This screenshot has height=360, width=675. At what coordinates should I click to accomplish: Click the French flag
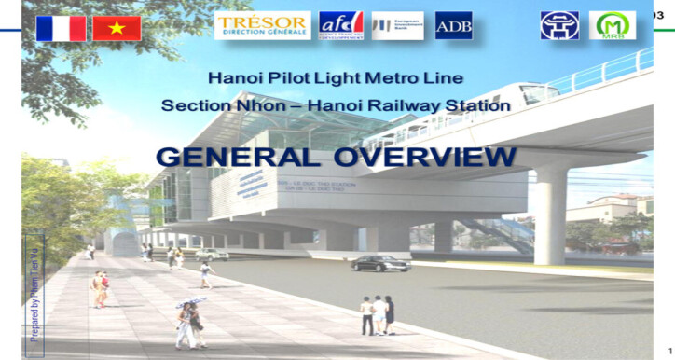[x=61, y=28]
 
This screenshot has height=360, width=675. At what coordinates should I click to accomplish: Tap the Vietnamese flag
[x=117, y=28]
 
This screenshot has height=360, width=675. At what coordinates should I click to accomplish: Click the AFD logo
[x=340, y=24]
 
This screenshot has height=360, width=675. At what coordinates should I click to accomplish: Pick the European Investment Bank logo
[x=398, y=25]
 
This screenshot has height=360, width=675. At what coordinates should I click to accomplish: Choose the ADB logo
[x=453, y=25]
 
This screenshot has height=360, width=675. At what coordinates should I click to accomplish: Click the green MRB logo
[x=612, y=24]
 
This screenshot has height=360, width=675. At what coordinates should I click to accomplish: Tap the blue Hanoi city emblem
[x=559, y=25]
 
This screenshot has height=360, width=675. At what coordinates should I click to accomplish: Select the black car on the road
[x=380, y=263]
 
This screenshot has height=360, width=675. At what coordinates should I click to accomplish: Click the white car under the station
[x=212, y=254]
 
